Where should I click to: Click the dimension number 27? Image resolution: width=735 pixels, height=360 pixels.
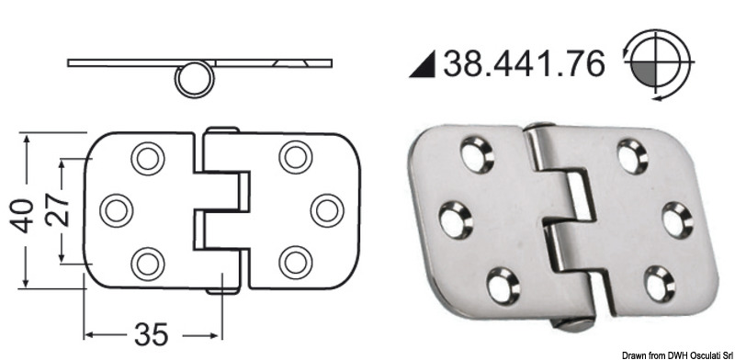pos(53,211)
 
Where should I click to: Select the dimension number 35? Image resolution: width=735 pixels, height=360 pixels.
pos(152,332)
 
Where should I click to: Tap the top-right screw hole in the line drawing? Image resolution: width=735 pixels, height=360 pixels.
pos(295,157)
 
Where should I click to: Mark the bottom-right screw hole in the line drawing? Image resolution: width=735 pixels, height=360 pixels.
pos(295,263)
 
